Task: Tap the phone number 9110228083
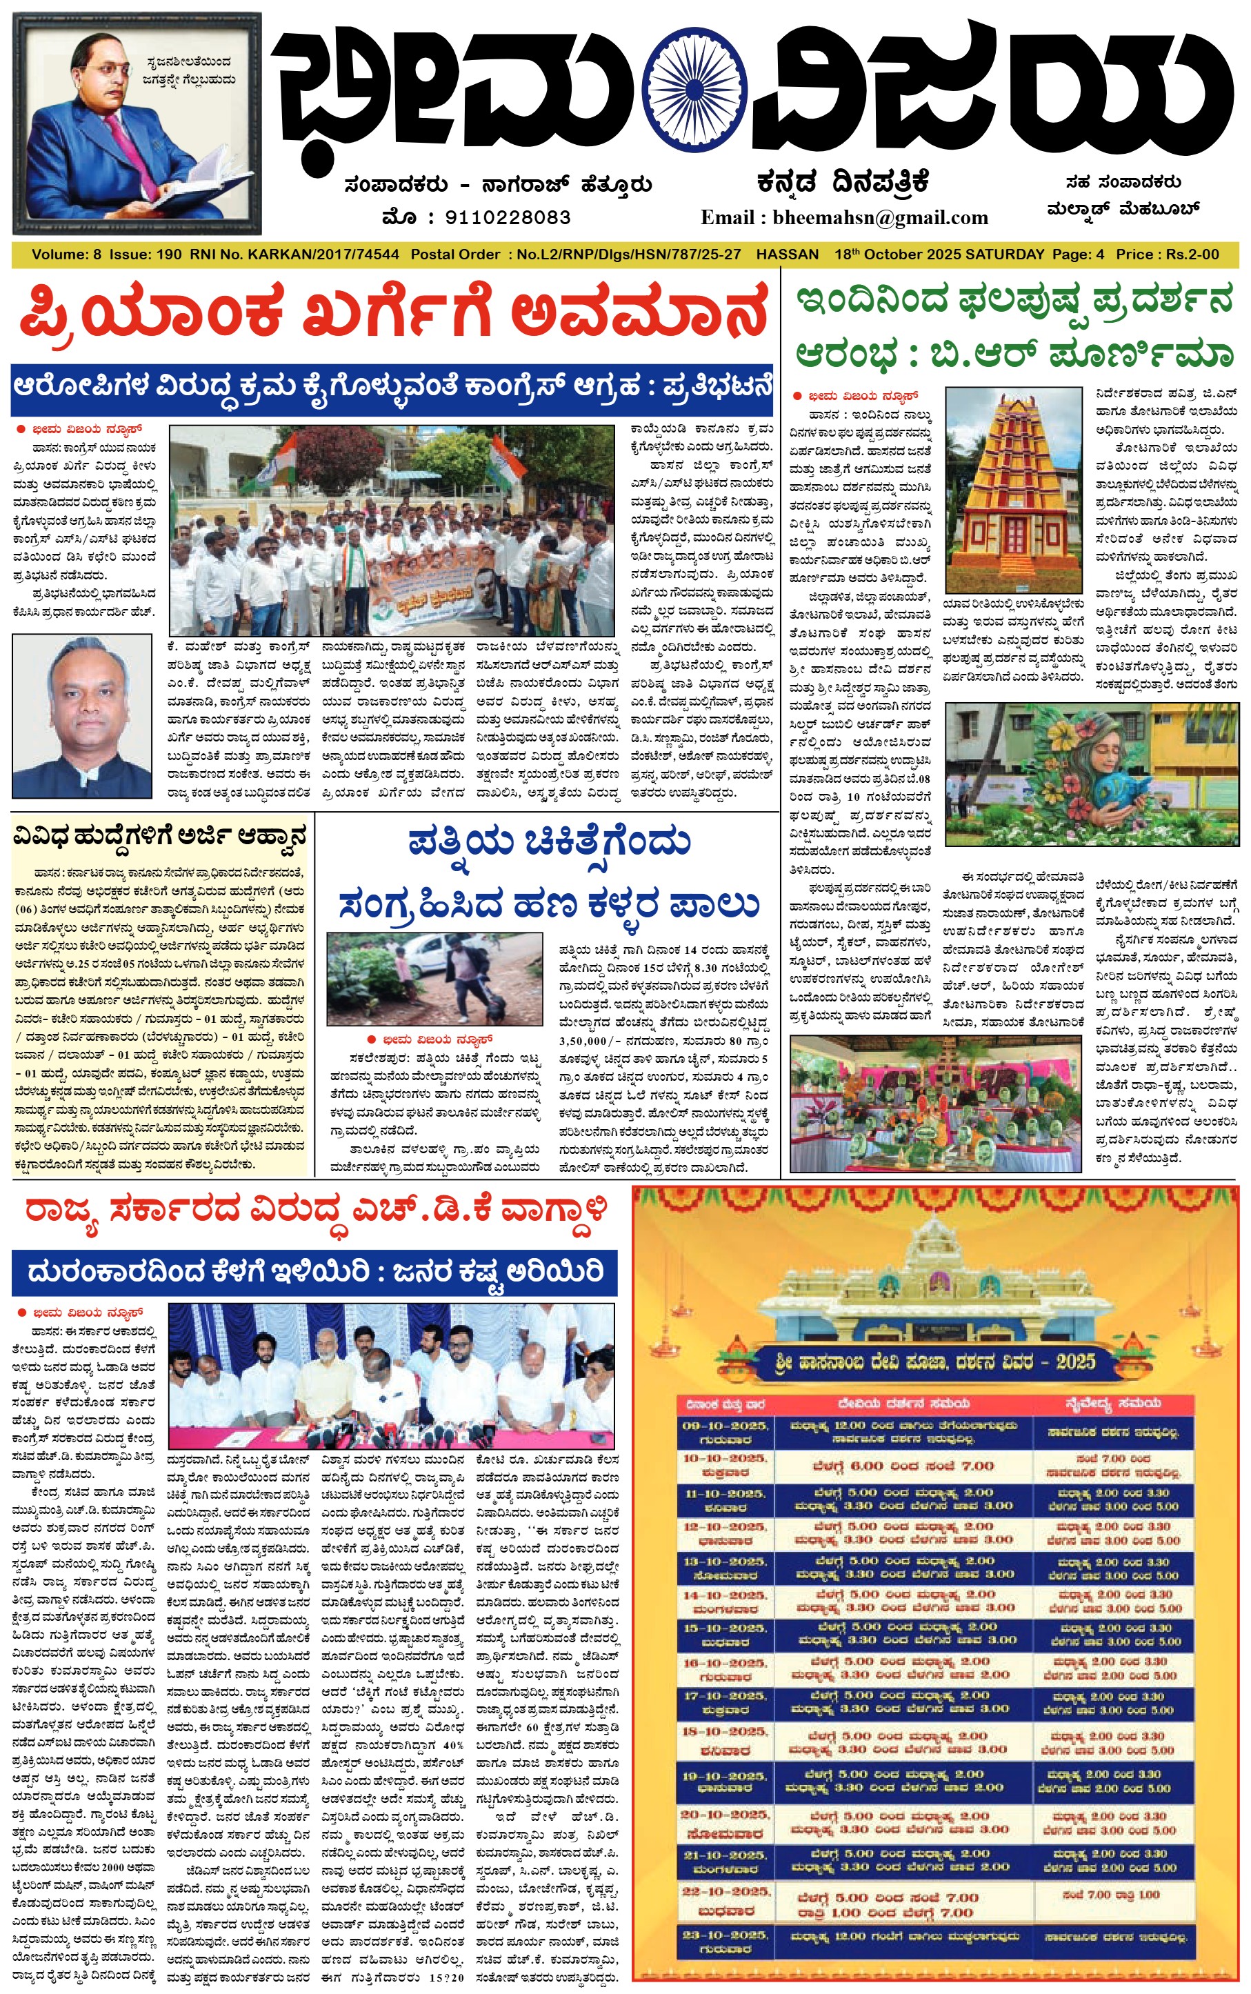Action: (507, 217)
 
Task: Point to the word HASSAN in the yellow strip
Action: (788, 255)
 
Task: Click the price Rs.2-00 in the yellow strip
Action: (1192, 255)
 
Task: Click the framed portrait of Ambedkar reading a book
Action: (137, 124)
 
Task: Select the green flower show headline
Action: (1014, 328)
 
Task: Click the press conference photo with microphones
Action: (391, 1377)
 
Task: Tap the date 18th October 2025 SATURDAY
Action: (939, 255)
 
